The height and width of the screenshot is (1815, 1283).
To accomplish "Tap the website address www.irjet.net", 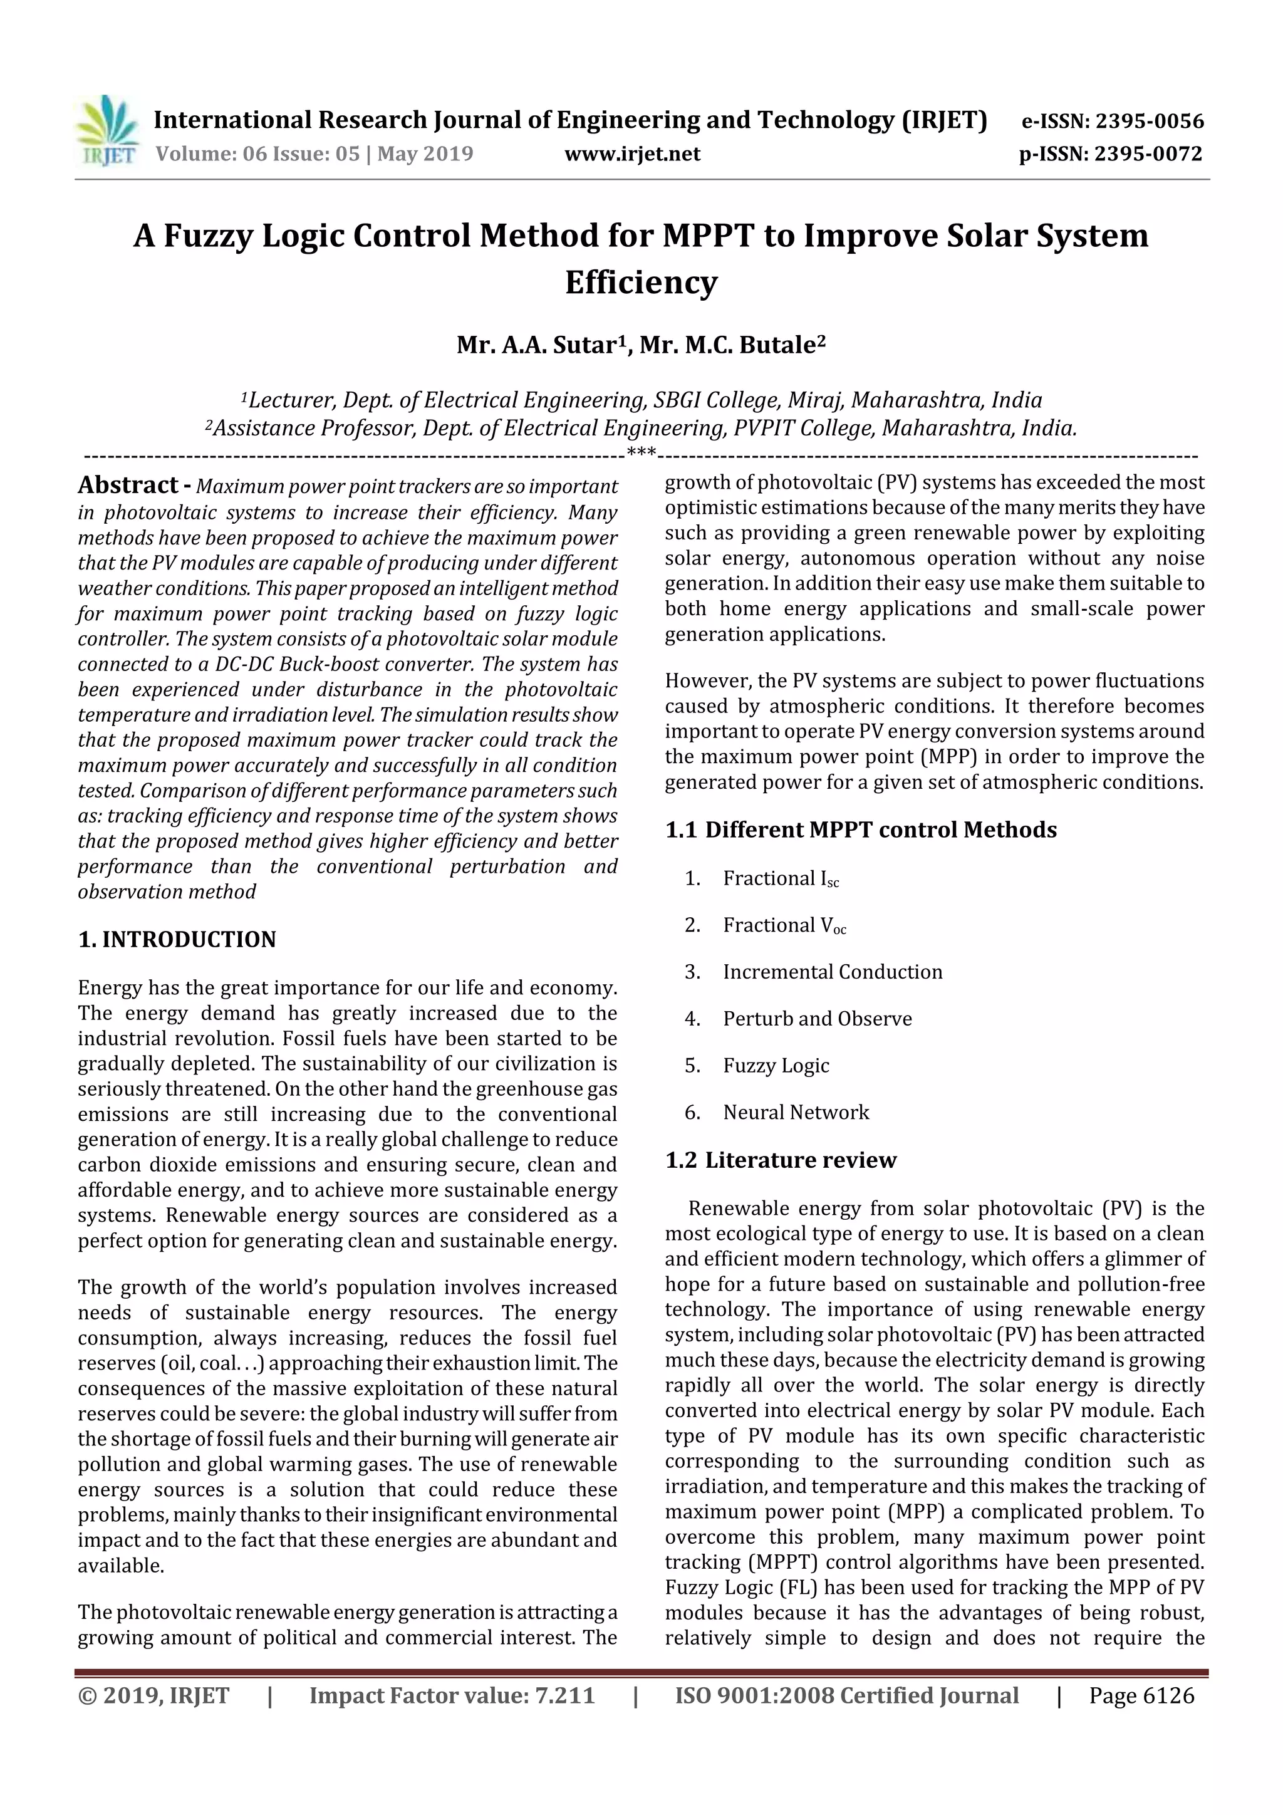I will (631, 153).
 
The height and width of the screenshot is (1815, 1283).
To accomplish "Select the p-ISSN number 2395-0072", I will (1148, 153).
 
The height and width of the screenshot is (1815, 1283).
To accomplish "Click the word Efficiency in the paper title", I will (641, 282).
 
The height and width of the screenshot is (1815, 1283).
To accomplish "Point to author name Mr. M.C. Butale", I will (732, 345).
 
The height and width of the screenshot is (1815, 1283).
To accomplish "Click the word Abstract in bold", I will (127, 486).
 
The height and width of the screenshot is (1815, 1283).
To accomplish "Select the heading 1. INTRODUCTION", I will (177, 939).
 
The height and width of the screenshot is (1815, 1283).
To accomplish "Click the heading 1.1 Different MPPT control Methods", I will (860, 830).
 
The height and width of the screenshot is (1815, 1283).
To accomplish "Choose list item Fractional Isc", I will (780, 879).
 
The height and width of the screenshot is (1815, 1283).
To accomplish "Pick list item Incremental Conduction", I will (833, 972).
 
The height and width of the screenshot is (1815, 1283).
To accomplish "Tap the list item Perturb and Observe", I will (817, 1019).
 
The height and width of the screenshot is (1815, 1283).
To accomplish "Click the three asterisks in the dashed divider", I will (640, 454).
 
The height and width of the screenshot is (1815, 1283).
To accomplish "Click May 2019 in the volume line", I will (425, 153).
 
